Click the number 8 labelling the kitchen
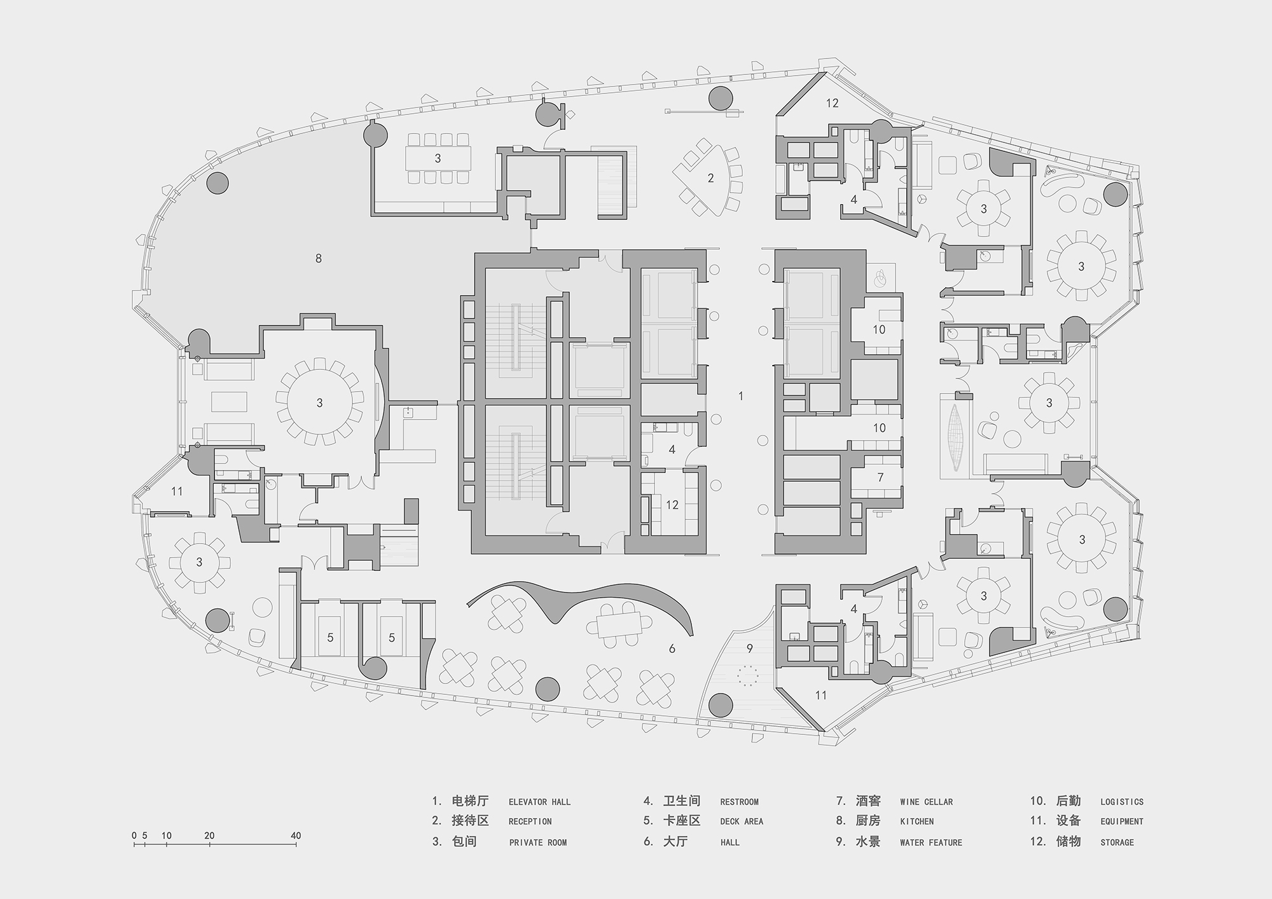point(319,258)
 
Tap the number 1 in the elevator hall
point(740,396)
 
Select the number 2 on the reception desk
point(711,178)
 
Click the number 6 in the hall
point(672,649)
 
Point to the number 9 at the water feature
point(750,649)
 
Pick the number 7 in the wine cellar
point(880,477)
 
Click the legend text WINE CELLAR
point(926,802)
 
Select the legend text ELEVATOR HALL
point(539,802)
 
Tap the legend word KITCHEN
point(916,821)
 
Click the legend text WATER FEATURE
point(930,842)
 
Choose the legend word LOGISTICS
point(1122,802)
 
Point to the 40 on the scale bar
point(296,835)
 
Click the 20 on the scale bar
point(210,835)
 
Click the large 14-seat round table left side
point(319,402)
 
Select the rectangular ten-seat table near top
point(438,158)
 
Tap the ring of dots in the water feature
point(748,675)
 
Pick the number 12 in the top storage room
point(833,103)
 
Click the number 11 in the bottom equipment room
point(821,696)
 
